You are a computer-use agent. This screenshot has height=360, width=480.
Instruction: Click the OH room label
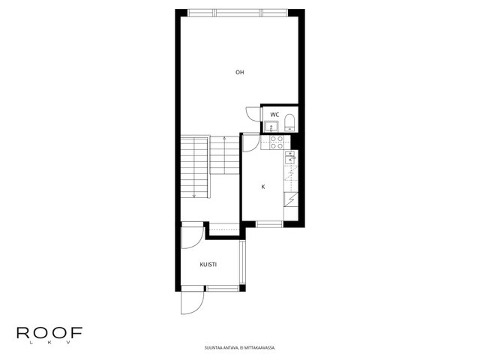click(x=240, y=73)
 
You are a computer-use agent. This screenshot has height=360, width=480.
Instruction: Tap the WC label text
click(x=274, y=115)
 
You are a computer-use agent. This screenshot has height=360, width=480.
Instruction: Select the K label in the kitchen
click(x=263, y=187)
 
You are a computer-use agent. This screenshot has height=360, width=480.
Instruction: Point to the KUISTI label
click(x=208, y=265)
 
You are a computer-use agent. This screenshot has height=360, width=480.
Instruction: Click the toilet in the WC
click(x=289, y=122)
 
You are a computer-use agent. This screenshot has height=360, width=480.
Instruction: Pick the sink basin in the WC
click(x=271, y=126)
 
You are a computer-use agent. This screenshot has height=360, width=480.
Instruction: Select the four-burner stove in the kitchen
click(x=277, y=142)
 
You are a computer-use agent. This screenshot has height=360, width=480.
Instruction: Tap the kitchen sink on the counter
click(x=289, y=157)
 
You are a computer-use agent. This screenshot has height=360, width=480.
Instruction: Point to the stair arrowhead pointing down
click(x=194, y=195)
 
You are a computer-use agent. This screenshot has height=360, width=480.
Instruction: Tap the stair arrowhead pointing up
click(x=224, y=138)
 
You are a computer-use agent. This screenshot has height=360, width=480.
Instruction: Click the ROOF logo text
click(x=49, y=333)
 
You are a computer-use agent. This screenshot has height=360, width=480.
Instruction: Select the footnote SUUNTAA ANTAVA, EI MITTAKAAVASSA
click(x=240, y=348)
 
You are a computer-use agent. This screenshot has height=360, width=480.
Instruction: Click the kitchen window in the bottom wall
click(x=269, y=224)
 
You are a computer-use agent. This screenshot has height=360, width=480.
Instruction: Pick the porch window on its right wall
click(x=243, y=262)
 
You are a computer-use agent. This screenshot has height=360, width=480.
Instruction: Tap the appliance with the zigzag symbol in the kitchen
click(x=291, y=199)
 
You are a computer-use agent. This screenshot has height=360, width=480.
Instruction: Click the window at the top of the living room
click(x=238, y=13)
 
